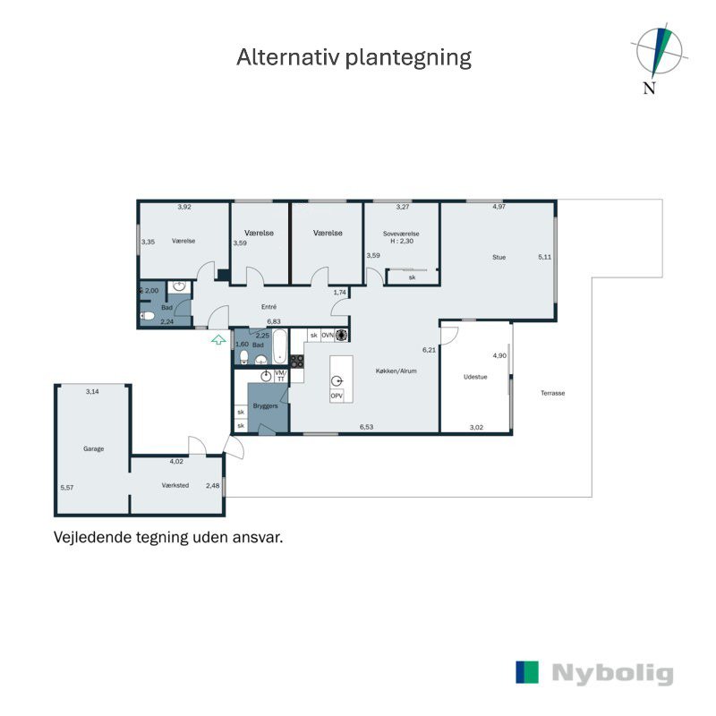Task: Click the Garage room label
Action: (x=94, y=449)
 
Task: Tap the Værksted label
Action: (x=175, y=485)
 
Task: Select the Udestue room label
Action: (x=475, y=377)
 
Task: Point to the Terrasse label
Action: (x=553, y=393)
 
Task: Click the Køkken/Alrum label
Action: (x=396, y=371)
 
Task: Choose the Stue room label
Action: (x=499, y=257)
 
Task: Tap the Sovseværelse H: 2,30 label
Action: (x=401, y=237)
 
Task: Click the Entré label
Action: (x=269, y=307)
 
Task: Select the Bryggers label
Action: (x=265, y=405)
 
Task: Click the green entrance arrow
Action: (x=218, y=340)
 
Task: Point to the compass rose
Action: (x=659, y=52)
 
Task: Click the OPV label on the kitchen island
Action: (x=337, y=396)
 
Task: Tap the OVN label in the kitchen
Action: (x=328, y=335)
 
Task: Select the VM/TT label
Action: (x=281, y=376)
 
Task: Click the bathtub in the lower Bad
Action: (x=280, y=346)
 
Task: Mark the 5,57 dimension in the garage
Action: (x=67, y=488)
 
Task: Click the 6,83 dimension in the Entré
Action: (x=274, y=321)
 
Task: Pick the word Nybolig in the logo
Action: (x=612, y=673)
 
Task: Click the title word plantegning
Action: (x=408, y=58)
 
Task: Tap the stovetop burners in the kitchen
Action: (x=297, y=362)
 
